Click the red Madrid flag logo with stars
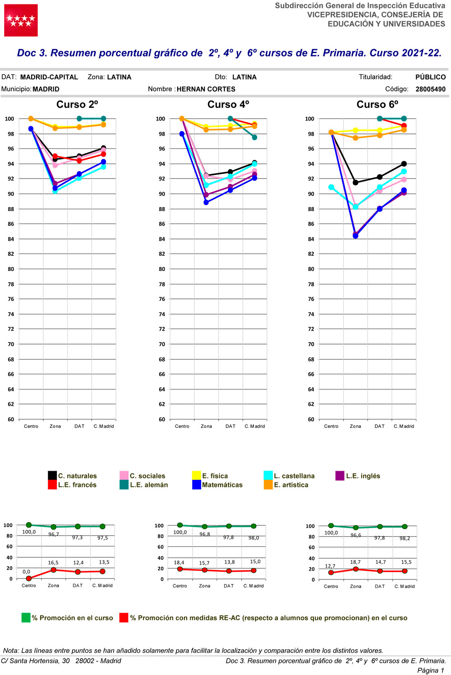click(21, 20)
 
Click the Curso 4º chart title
click(228, 105)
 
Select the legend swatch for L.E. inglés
click(340, 476)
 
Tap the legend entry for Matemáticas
click(222, 485)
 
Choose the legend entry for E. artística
click(291, 485)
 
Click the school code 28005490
click(430, 89)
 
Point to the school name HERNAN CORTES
click(206, 89)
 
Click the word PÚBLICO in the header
click(430, 77)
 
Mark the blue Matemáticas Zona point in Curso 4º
click(206, 202)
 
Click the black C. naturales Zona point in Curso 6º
click(355, 183)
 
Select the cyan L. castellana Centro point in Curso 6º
click(331, 187)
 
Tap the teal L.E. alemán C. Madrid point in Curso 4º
click(254, 138)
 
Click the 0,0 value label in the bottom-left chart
click(27, 572)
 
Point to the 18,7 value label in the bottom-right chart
click(355, 562)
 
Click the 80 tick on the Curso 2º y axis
click(11, 269)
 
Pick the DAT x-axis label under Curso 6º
click(380, 426)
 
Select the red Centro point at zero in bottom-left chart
click(29, 579)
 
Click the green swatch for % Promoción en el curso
click(26, 618)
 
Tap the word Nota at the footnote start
click(11, 651)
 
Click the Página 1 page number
click(430, 670)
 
